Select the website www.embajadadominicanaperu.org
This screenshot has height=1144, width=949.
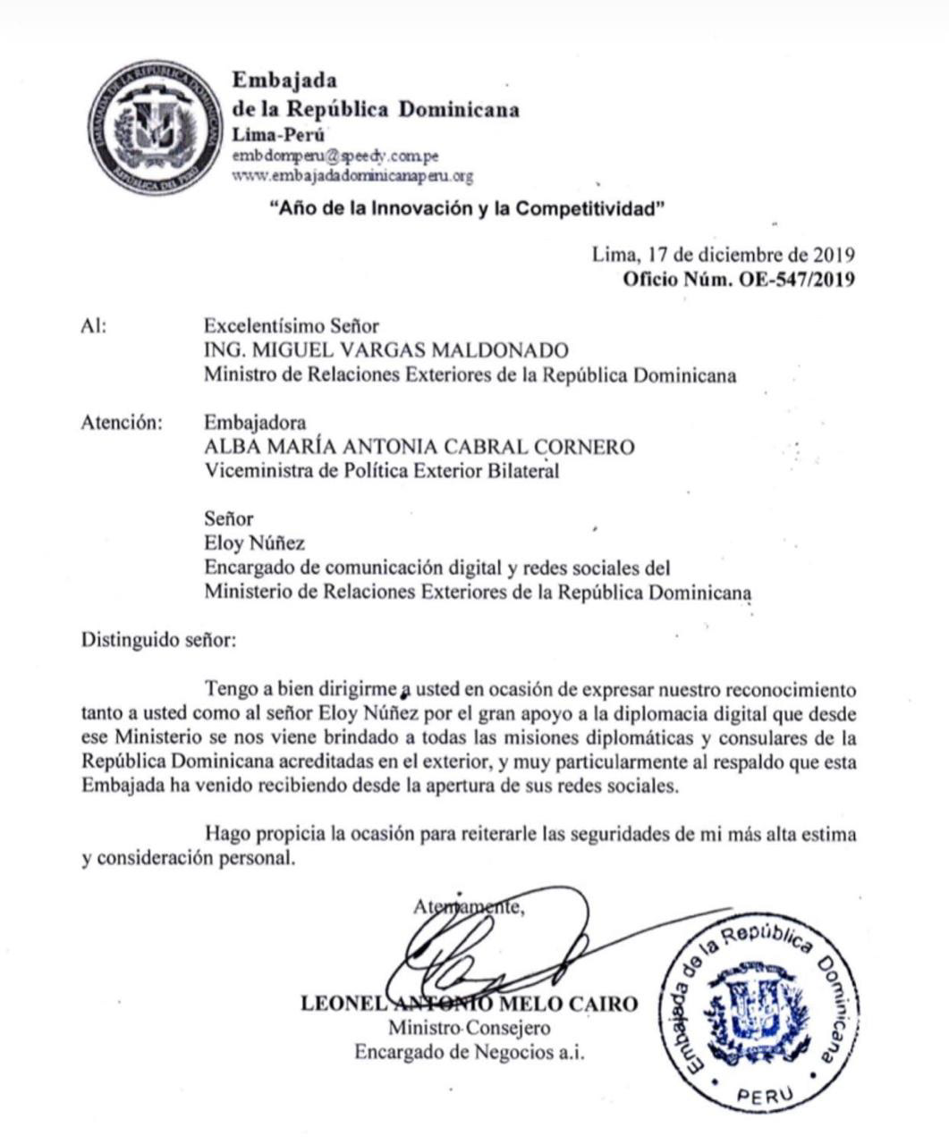click(x=352, y=176)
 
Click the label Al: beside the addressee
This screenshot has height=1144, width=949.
click(x=94, y=327)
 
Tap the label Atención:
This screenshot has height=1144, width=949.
click(x=122, y=423)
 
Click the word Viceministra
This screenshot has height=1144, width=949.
click(x=259, y=471)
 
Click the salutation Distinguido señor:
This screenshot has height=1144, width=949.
click(x=159, y=640)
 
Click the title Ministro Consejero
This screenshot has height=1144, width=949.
click(x=469, y=1028)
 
